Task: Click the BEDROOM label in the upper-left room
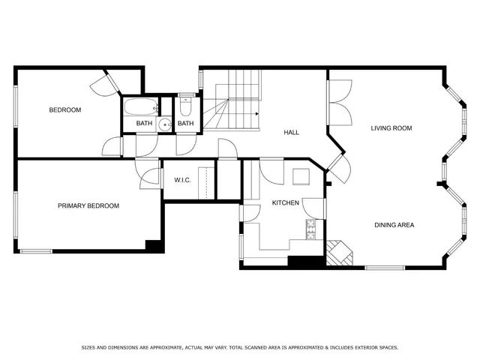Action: [x=64, y=110]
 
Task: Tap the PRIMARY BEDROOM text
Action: [x=88, y=205]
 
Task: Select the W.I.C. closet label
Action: [x=184, y=180]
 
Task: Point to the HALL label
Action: [x=291, y=133]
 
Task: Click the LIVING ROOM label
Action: [x=391, y=128]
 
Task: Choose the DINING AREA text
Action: [x=394, y=225]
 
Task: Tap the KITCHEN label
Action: [x=286, y=203]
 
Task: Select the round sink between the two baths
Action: [x=165, y=125]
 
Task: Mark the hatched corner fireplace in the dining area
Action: [x=337, y=253]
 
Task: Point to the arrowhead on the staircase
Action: [x=257, y=114]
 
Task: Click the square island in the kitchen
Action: [x=301, y=177]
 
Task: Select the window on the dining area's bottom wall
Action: [x=386, y=268]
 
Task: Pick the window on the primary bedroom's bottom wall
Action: [x=36, y=250]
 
